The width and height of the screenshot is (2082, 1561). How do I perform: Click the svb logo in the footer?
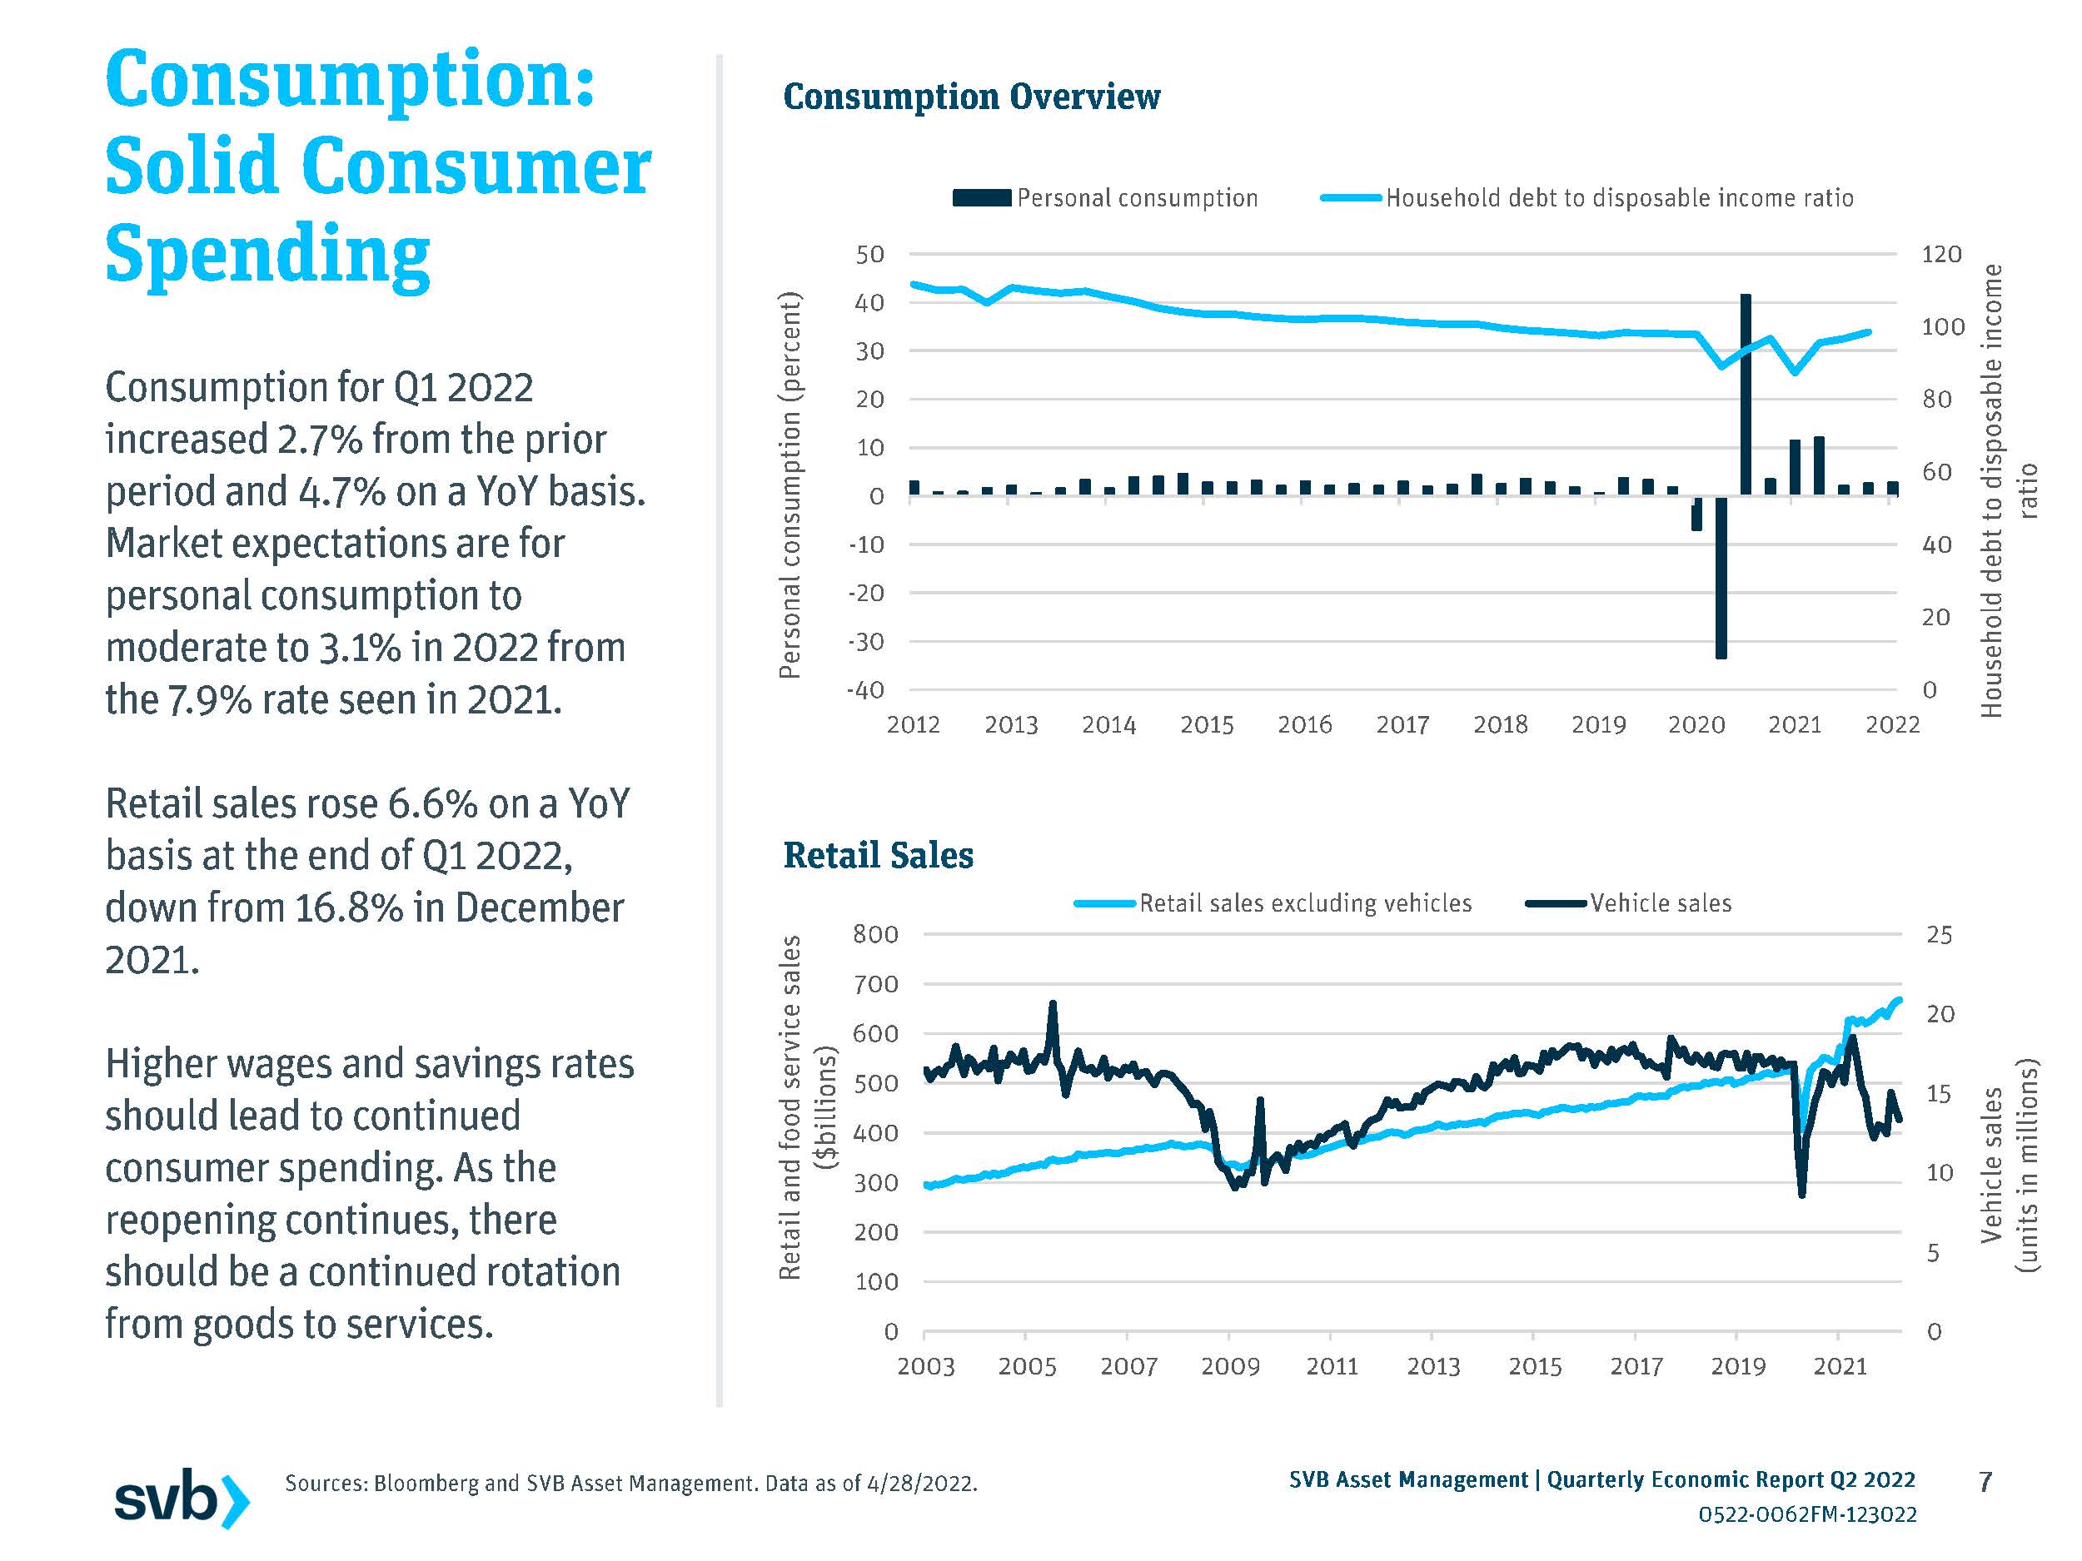click(x=182, y=1497)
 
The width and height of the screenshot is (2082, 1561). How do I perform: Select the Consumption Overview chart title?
click(x=971, y=97)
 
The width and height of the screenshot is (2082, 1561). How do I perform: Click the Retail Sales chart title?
click(x=878, y=855)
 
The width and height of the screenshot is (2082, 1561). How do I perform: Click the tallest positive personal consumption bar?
click(x=1745, y=395)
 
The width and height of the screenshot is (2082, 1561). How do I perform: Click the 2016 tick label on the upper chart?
click(x=1304, y=724)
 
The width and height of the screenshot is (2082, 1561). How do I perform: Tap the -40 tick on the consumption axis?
click(x=866, y=689)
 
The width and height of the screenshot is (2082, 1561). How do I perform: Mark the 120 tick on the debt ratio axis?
click(x=1940, y=254)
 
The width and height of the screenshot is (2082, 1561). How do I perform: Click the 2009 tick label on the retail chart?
click(x=1230, y=1366)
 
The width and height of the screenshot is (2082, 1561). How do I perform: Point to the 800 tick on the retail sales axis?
click(x=875, y=934)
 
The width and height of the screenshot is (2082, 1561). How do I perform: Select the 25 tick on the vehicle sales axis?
click(x=1939, y=935)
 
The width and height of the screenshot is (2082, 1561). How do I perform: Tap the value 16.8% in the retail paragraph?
click(x=348, y=908)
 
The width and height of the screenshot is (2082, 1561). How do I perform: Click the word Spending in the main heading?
click(x=268, y=254)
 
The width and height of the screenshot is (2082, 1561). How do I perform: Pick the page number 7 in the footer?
click(x=1985, y=1482)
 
